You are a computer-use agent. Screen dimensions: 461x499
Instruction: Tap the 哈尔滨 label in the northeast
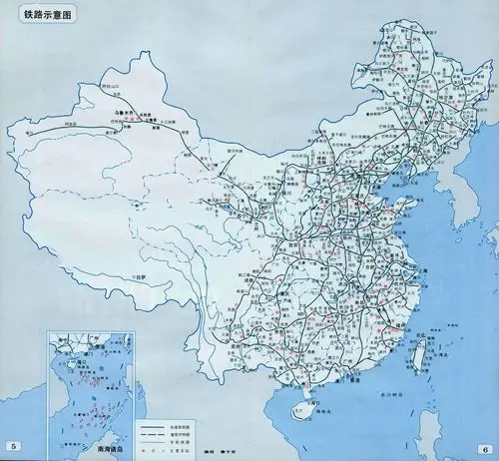(425, 86)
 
